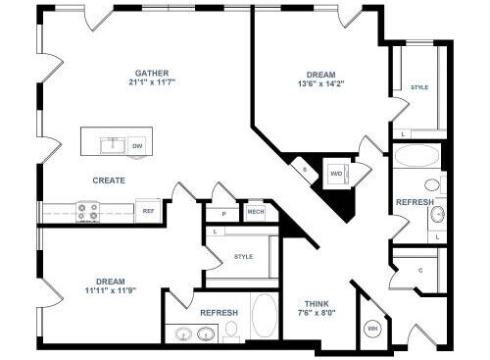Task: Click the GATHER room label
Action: pyautogui.click(x=152, y=74)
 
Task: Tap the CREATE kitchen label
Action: pyautogui.click(x=109, y=180)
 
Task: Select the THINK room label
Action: pyautogui.click(x=317, y=304)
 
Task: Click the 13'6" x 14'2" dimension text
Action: pyautogui.click(x=321, y=83)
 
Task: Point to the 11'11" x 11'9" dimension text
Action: pyautogui.click(x=111, y=290)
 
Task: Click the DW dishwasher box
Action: pyautogui.click(x=137, y=146)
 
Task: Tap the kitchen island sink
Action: pyautogui.click(x=113, y=145)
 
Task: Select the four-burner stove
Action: pyautogui.click(x=87, y=212)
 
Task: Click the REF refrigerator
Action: pyautogui.click(x=148, y=211)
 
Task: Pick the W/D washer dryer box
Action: pyautogui.click(x=336, y=174)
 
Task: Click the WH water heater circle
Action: pyautogui.click(x=372, y=329)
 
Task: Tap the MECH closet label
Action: pyautogui.click(x=256, y=212)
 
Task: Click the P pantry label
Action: pyautogui.click(x=223, y=214)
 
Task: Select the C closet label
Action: pyautogui.click(x=420, y=271)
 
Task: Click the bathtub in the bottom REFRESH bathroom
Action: pyautogui.click(x=265, y=316)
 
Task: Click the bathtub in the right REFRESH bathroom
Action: pyautogui.click(x=417, y=156)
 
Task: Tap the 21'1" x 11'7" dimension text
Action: pyautogui.click(x=152, y=82)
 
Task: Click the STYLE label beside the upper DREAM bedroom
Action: pyautogui.click(x=419, y=87)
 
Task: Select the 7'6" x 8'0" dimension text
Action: pyautogui.click(x=316, y=313)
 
